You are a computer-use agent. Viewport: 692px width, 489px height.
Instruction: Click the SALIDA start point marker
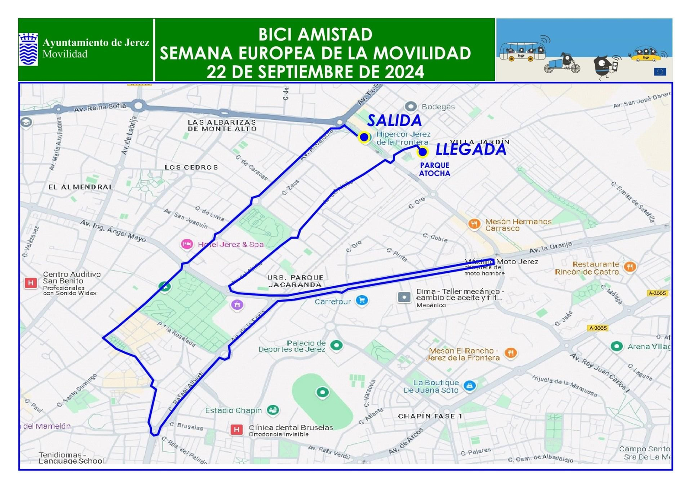point(364,137)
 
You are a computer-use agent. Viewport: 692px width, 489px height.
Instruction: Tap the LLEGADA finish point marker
point(423,152)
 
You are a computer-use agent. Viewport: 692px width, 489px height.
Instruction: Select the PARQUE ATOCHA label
point(435,169)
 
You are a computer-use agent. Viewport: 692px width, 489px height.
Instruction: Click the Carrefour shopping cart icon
point(362,300)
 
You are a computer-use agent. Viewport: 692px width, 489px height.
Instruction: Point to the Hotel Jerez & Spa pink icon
point(186,244)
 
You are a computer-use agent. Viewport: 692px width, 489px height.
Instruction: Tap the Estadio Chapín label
point(233,410)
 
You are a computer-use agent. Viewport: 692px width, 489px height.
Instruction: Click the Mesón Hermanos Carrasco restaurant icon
point(474,224)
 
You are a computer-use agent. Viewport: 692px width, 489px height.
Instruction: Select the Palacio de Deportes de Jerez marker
point(336,345)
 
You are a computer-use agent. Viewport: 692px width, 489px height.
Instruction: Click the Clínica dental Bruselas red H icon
point(236,429)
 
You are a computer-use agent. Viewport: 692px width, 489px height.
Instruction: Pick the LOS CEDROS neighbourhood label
point(191,167)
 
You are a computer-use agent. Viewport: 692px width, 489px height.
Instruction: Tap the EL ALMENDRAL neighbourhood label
point(81,187)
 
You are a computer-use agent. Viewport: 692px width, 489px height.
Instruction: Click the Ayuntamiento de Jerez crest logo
point(28,49)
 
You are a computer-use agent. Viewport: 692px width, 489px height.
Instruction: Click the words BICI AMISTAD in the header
point(315,35)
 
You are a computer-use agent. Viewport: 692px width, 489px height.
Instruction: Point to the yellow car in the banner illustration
point(646,55)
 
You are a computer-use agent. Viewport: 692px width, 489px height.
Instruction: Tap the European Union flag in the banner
point(660,72)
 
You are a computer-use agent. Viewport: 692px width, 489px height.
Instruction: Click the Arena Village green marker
point(616,346)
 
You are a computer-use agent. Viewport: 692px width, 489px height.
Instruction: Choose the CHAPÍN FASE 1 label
point(430,416)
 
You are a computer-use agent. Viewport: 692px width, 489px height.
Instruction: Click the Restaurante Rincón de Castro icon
point(630,267)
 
